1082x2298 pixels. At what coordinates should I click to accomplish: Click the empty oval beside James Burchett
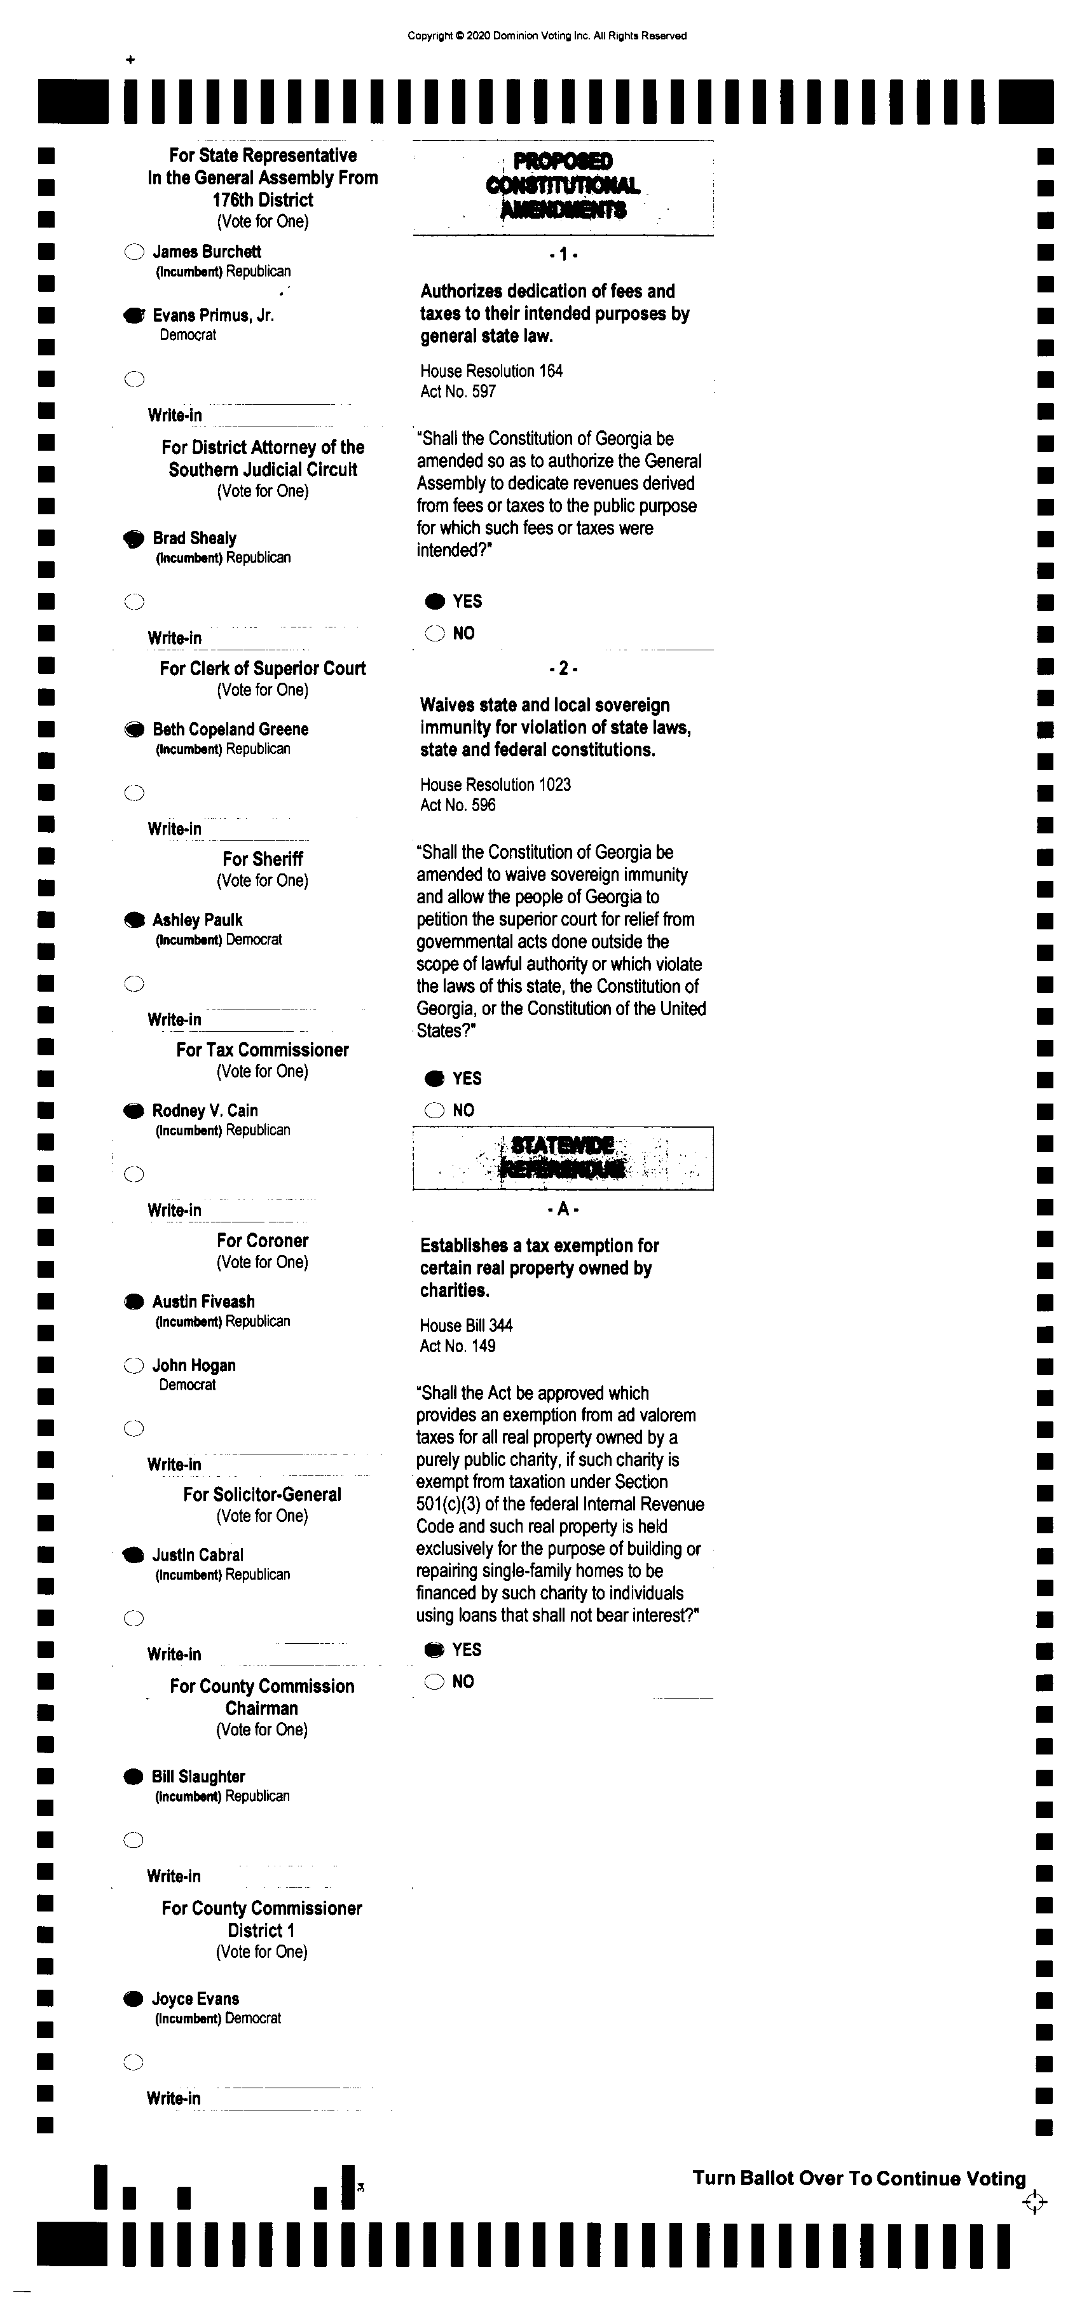pos(134,252)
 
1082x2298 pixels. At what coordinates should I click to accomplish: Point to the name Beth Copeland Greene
pos(230,729)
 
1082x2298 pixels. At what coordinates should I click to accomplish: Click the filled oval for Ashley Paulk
pos(134,920)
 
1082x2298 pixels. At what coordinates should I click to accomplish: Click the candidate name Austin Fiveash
pos(203,1301)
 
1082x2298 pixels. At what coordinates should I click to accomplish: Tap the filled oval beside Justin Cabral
pos(134,1556)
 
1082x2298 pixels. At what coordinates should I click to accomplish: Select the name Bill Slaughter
pos(198,1777)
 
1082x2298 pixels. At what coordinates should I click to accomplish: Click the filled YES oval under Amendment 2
pos(434,1079)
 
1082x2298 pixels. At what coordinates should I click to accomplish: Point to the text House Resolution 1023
pos(495,785)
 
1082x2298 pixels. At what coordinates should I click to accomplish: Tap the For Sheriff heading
pos(263,859)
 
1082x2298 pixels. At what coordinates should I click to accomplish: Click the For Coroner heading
pos(263,1241)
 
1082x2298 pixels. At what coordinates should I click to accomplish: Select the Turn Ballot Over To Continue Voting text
pos(859,2178)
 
